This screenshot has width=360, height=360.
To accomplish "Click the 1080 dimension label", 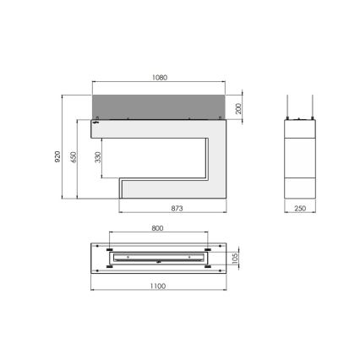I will [x=161, y=77].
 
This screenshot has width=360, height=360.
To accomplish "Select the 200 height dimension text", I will [x=241, y=107].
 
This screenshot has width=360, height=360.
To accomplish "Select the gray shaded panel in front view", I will [x=161, y=107].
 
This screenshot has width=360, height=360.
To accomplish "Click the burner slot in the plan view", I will [x=159, y=256].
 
